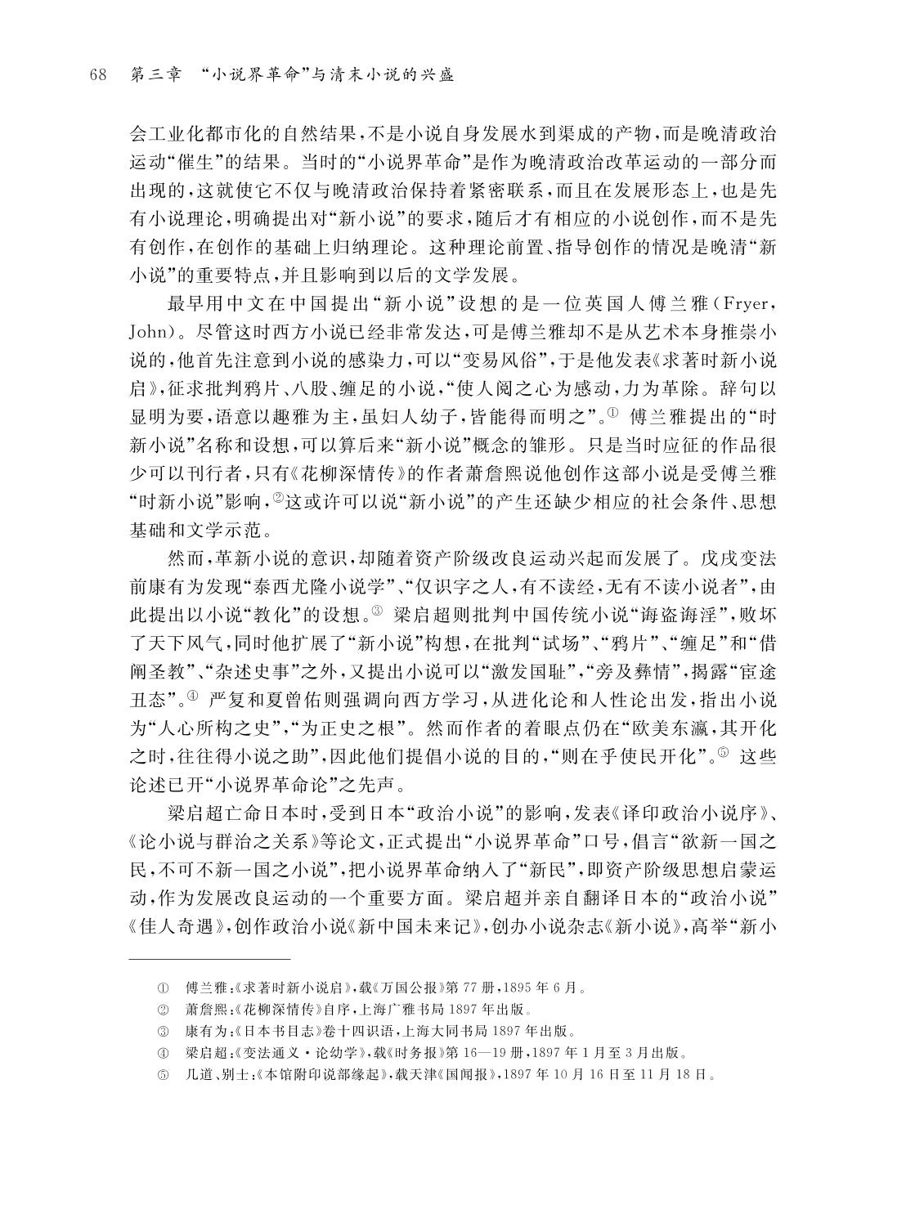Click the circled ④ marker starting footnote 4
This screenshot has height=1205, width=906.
[162, 1052]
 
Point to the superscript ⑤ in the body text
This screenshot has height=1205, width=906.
[721, 753]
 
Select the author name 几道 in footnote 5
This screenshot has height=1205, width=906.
[197, 1074]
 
